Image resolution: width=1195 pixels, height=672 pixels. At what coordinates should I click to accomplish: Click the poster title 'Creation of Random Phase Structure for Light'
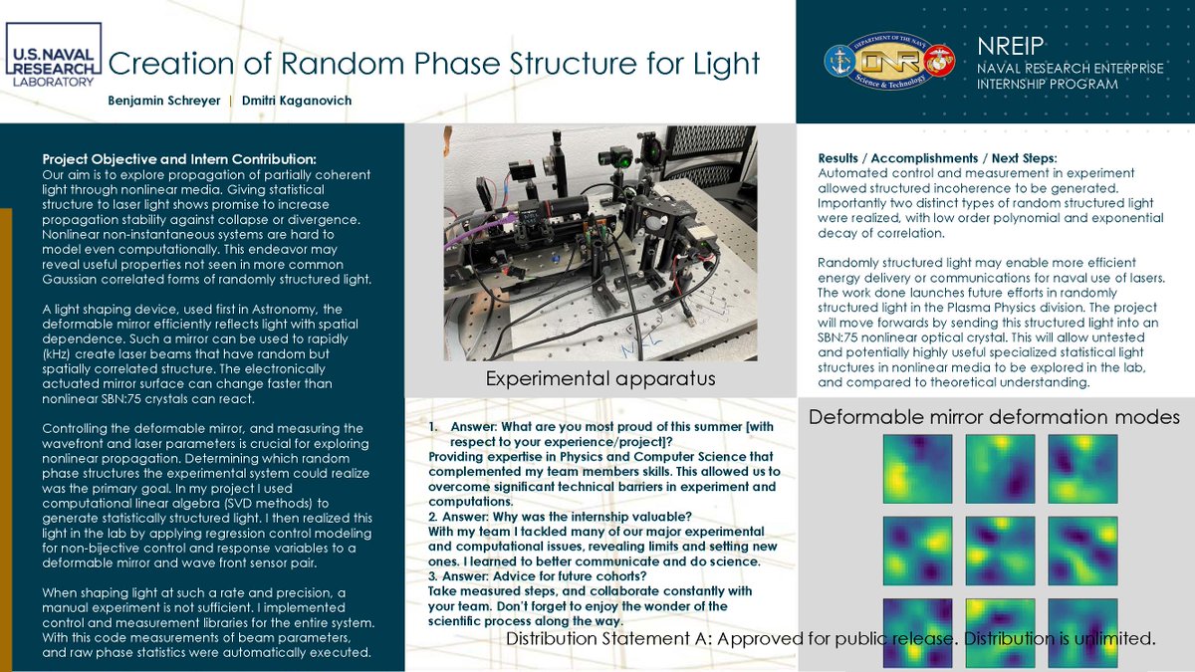pos(433,64)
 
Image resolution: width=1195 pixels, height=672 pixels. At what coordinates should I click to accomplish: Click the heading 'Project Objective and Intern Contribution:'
pos(179,159)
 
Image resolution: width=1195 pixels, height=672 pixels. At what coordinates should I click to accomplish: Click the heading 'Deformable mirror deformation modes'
pos(994,417)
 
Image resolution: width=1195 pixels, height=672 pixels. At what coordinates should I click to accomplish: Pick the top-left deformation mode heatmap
pos(917,468)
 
